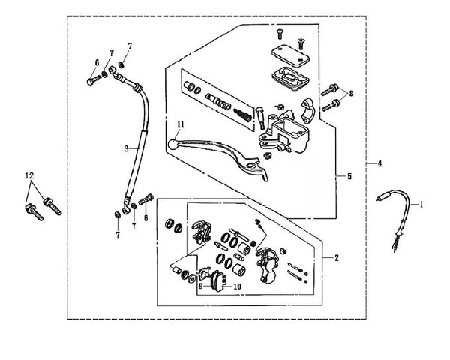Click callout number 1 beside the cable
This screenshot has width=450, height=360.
click(x=421, y=204)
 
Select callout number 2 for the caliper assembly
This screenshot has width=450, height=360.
click(x=337, y=258)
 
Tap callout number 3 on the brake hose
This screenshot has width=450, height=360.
click(x=127, y=148)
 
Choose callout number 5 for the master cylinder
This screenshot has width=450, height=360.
click(x=347, y=177)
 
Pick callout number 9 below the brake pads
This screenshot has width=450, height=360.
click(x=200, y=286)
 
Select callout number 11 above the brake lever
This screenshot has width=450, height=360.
click(x=180, y=123)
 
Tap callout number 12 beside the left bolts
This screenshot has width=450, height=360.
click(x=29, y=175)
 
